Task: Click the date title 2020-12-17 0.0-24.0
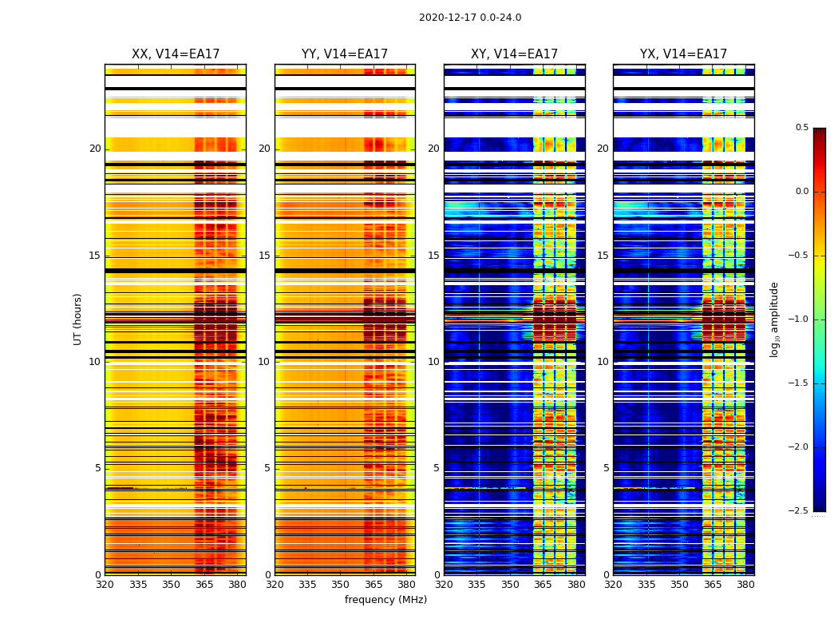tap(470, 18)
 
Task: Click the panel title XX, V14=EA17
tap(176, 54)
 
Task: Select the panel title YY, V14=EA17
tap(345, 54)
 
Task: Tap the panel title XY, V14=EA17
tap(514, 54)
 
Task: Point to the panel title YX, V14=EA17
tap(683, 54)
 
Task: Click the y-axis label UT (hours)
tap(78, 319)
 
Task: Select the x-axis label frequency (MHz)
tap(385, 600)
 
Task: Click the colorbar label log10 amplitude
tap(774, 319)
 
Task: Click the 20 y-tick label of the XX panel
tap(95, 149)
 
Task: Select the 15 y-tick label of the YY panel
tap(264, 256)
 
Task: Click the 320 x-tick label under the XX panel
tap(105, 585)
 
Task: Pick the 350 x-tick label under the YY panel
tap(341, 585)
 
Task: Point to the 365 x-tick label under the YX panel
tap(713, 585)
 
